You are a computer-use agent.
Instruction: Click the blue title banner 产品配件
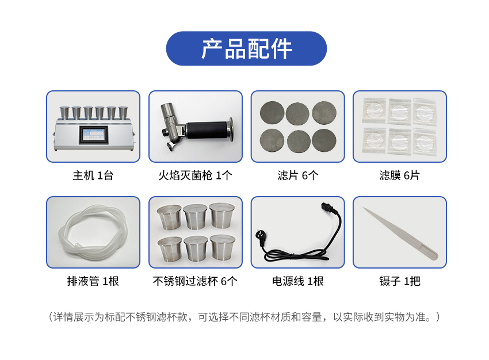point(246,48)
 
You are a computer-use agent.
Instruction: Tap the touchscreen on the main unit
point(93,135)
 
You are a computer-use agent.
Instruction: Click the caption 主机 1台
point(93,175)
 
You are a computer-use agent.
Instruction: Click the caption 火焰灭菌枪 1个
point(195,175)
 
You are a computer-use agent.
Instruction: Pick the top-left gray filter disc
point(272,113)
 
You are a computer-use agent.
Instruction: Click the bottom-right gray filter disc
point(324,141)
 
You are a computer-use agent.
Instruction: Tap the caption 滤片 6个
point(298,175)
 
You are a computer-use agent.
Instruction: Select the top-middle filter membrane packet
point(399,112)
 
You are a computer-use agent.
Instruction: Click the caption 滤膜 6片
point(399,175)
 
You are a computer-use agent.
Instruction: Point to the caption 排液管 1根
point(93,281)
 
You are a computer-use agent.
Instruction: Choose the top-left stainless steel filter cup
point(169,217)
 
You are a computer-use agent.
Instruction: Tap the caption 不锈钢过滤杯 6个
point(195,281)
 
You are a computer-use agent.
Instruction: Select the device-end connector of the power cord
point(328,208)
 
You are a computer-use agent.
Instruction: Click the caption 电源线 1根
point(298,281)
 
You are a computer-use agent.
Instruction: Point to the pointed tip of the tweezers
point(363,208)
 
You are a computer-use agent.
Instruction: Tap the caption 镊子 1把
point(399,281)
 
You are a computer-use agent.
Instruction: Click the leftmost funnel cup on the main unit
point(64,113)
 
